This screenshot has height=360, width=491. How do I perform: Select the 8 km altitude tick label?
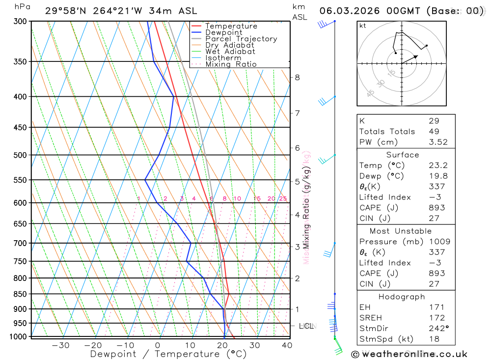point(298,78)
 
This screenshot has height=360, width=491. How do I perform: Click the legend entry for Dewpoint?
point(224,33)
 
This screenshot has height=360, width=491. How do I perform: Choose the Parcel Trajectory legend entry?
point(241,39)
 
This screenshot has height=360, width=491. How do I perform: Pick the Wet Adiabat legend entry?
point(230,52)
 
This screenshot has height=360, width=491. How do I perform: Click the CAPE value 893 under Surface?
point(436,208)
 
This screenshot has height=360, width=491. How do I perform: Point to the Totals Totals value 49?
point(434,131)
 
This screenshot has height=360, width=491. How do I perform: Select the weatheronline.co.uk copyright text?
point(409,354)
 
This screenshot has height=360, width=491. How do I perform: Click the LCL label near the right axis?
point(306,326)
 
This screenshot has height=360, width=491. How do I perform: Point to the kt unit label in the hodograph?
point(363,26)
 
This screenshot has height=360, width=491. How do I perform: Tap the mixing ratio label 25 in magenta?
point(283,199)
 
